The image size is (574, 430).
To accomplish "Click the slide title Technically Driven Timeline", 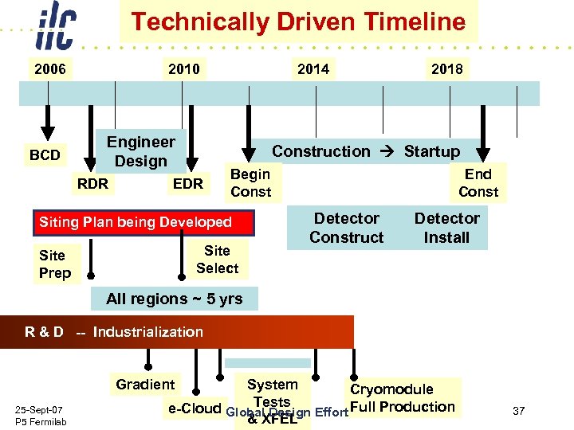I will click(298, 21).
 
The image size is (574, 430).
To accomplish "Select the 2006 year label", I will click(49, 69).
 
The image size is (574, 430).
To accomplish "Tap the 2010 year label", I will click(183, 69).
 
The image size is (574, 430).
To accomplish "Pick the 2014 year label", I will click(313, 69).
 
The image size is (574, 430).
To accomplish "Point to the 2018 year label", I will click(446, 69).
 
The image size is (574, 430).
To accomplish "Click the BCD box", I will click(45, 154).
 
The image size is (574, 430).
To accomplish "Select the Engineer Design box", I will click(141, 151).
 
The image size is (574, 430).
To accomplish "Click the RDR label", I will click(92, 184).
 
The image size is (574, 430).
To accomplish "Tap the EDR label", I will click(188, 184).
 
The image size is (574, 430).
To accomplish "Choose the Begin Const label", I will click(251, 183).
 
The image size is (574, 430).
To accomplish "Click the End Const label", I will click(478, 183).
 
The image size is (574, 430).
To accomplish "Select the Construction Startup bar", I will click(366, 151).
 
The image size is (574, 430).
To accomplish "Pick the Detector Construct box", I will click(347, 228).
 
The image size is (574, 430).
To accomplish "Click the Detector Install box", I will click(446, 228).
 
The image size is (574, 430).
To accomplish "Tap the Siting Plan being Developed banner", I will click(146, 222).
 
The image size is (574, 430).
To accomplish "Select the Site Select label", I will click(217, 260).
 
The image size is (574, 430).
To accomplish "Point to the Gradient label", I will click(145, 385).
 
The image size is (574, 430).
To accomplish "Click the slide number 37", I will click(519, 411).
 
